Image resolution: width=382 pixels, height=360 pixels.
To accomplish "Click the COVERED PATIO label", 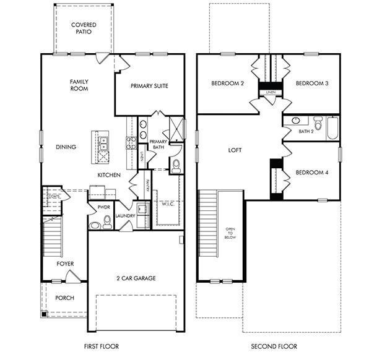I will point(84,28).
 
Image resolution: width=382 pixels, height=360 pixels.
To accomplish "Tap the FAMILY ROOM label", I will point(79,85).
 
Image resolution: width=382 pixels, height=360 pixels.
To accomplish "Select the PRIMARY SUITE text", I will point(149,86).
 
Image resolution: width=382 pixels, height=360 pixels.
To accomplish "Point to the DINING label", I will point(66,147).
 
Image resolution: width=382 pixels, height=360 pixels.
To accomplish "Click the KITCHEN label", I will point(108,175).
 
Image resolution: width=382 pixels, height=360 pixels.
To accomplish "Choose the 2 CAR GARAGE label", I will point(136,278).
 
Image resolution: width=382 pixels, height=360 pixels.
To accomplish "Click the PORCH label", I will point(64,298).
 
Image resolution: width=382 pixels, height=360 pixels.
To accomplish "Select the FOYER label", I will point(65,264).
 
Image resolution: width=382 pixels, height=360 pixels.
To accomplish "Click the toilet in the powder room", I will point(106,221).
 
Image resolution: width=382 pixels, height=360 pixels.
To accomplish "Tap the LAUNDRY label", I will point(125,216).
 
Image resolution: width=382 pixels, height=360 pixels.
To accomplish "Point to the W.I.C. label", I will point(167,204).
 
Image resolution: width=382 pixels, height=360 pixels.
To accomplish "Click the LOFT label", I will point(235,150).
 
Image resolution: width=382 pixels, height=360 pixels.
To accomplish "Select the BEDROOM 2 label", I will point(227,84).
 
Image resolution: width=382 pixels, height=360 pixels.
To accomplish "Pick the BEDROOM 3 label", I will point(311,84).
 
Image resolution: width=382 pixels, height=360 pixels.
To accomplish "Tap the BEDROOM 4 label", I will point(311,173).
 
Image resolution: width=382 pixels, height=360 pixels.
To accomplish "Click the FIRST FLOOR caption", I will point(101,346).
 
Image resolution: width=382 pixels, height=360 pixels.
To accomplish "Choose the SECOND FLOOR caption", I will point(274,346).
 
